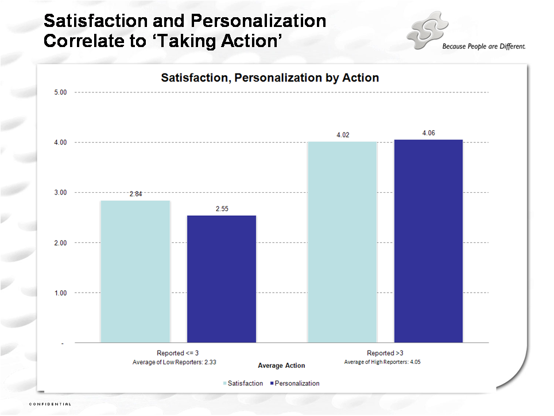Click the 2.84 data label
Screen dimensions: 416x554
pyautogui.click(x=135, y=195)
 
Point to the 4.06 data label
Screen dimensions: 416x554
pyautogui.click(x=428, y=133)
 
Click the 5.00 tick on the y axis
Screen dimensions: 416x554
pyautogui.click(x=60, y=92)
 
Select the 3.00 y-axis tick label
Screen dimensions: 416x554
pyautogui.click(x=60, y=193)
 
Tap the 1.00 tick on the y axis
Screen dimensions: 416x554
pyautogui.click(x=60, y=293)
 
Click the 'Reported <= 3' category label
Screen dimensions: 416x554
pyautogui.click(x=178, y=353)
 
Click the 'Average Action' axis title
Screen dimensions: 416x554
pyautogui.click(x=281, y=366)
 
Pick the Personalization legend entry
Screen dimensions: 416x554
pyautogui.click(x=294, y=383)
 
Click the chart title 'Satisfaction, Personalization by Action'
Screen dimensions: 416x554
pyautogui.click(x=270, y=77)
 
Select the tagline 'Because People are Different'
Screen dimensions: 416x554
pyautogui.click(x=484, y=46)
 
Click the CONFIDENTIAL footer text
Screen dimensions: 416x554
pyautogui.click(x=51, y=404)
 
